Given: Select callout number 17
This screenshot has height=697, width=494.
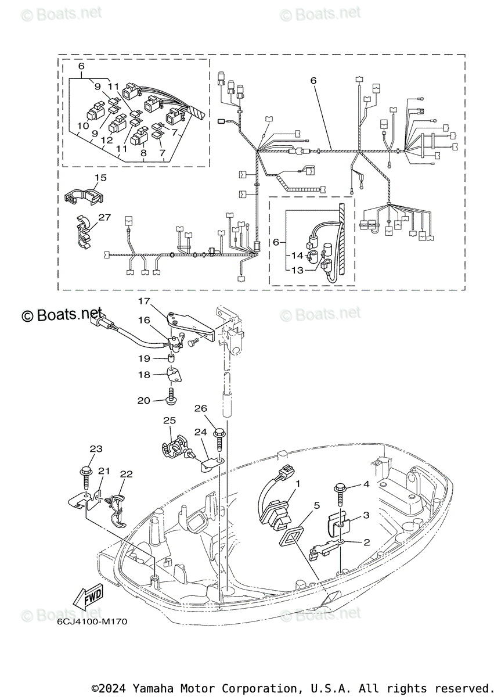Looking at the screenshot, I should coord(144,301).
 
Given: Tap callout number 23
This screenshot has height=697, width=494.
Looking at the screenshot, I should coord(96,448).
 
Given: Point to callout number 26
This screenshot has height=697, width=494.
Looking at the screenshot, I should coord(200,408).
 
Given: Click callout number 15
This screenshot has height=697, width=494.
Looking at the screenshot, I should coord(100,177).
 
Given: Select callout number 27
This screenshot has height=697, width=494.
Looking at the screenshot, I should coord(104,217).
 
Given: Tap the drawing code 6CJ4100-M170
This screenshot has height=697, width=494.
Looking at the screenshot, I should coord(92,621).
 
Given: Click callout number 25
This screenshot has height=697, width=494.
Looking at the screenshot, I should coord(169,420).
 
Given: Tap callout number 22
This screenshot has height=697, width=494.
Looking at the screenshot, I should coord(126,474).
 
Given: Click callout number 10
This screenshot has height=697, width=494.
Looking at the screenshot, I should coord(82,125).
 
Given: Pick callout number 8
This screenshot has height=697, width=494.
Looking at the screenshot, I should coord(143,153).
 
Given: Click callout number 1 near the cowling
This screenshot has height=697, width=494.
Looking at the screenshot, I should coord(297,483).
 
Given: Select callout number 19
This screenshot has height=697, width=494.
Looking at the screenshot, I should coord(143,358).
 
